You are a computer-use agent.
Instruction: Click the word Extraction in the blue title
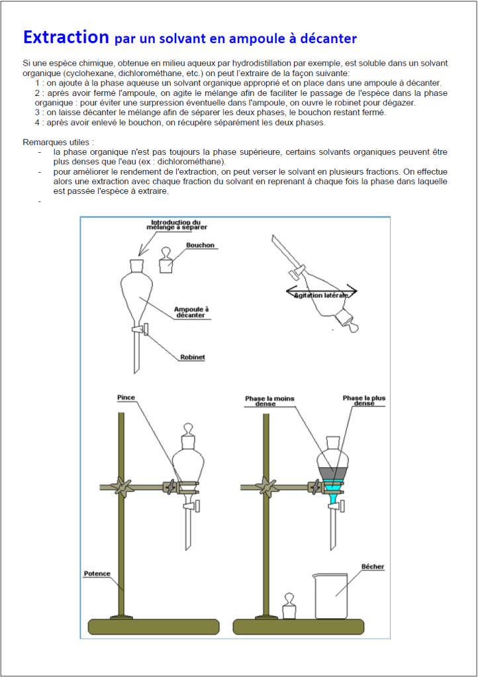tap(66, 36)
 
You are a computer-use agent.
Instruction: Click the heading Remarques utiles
tap(58, 142)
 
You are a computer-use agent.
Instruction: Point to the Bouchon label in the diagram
tap(200, 246)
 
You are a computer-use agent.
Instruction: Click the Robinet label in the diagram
tap(193, 357)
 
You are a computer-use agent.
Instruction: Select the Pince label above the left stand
tap(126, 398)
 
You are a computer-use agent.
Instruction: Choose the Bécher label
tap(373, 567)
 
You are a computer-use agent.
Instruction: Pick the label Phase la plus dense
tap(363, 400)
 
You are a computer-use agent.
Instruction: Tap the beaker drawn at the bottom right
tap(330, 596)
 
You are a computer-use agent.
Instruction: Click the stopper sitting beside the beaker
tap(289, 606)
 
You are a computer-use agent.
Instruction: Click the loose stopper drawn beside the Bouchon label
tap(166, 262)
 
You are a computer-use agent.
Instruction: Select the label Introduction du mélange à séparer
tap(175, 225)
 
